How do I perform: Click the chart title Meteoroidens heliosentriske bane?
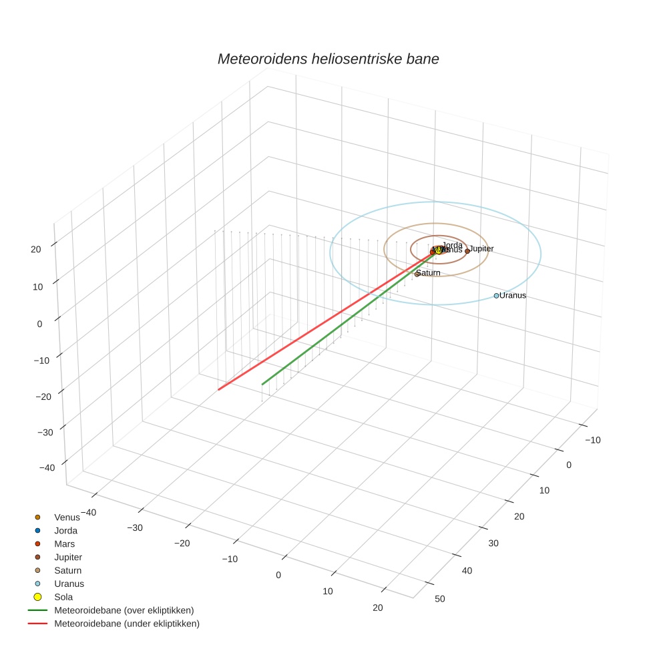tap(328, 59)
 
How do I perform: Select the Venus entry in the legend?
tap(67, 517)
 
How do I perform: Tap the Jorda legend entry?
tap(65, 530)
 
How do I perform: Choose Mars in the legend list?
tap(64, 543)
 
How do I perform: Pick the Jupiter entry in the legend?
tap(68, 557)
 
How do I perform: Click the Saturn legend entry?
tap(67, 570)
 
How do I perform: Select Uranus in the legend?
tap(69, 584)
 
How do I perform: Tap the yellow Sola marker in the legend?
tap(38, 597)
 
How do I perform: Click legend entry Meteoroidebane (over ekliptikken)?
tap(124, 610)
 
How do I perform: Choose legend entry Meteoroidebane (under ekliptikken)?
tap(127, 624)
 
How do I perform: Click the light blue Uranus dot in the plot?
tap(496, 295)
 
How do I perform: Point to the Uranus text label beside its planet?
tap(513, 295)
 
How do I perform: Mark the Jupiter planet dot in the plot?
tap(467, 251)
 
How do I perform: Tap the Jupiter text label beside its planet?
tap(482, 248)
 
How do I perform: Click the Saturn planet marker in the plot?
tap(417, 274)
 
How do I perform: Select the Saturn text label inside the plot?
tap(429, 272)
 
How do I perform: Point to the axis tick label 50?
tap(440, 598)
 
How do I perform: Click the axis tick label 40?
tap(467, 570)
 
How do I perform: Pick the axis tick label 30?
tap(493, 543)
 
